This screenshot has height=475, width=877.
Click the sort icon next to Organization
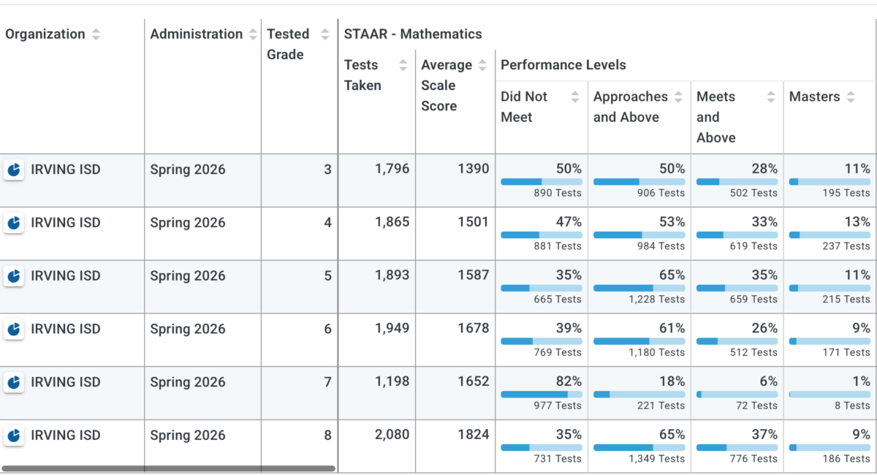click(96, 34)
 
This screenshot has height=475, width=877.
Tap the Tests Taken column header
click(362, 75)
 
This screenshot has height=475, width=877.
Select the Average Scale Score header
click(447, 85)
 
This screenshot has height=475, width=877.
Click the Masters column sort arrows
click(851, 96)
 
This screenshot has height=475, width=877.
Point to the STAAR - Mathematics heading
click(413, 34)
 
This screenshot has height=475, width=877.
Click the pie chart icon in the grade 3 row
click(14, 170)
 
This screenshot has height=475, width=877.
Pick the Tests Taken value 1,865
click(392, 222)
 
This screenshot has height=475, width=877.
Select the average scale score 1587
click(474, 275)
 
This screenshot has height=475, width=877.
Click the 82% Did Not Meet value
click(569, 381)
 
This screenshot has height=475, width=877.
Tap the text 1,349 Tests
click(656, 458)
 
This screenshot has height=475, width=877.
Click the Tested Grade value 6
click(327, 329)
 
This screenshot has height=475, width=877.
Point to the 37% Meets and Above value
click(764, 434)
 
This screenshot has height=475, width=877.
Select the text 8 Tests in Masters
click(852, 406)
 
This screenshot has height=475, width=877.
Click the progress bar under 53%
click(639, 235)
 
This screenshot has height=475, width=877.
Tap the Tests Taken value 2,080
click(392, 434)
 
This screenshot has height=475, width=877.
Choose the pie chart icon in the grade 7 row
click(14, 382)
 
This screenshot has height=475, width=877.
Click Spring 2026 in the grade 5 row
click(188, 275)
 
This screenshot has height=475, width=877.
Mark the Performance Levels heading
click(563, 65)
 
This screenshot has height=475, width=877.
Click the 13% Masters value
click(857, 222)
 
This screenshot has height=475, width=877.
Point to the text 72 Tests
click(756, 406)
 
